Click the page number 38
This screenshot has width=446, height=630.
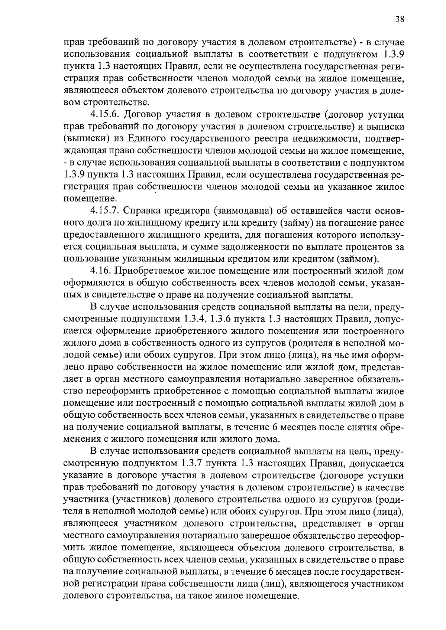[x=400, y=20]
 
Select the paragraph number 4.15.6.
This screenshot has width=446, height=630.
[x=105, y=114]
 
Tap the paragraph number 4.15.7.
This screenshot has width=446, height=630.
[x=105, y=211]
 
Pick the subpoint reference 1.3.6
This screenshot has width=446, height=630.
[x=223, y=319]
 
